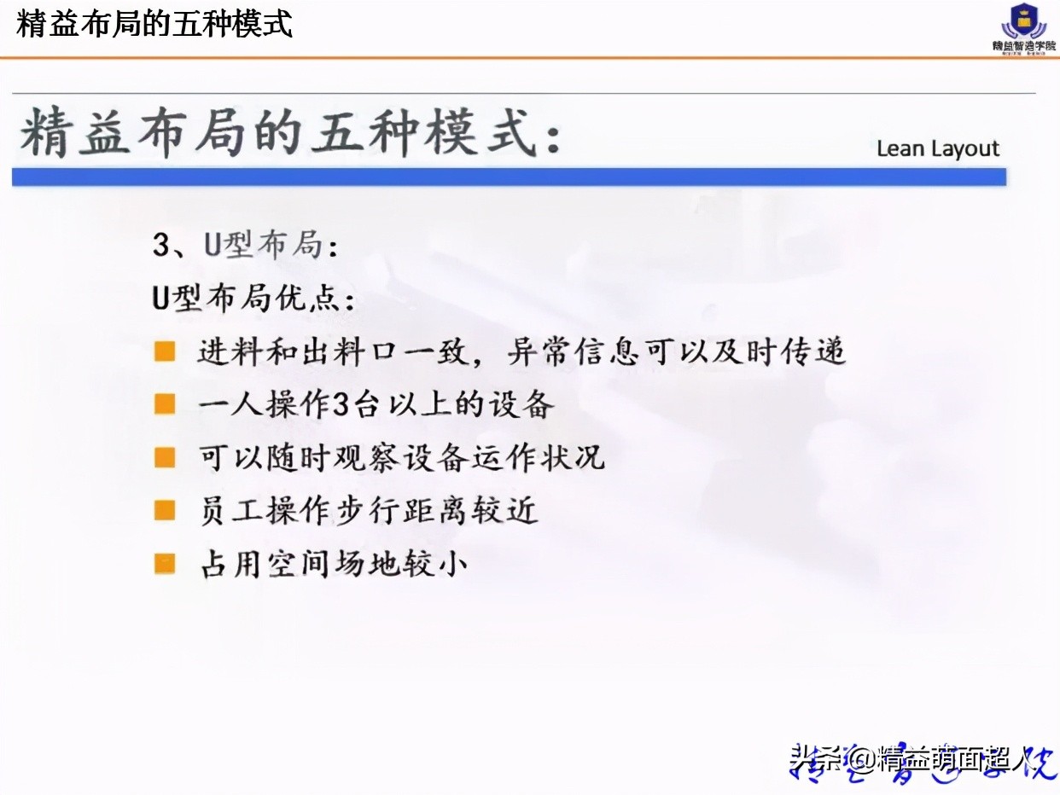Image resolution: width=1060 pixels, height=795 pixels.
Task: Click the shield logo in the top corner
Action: click(1023, 20)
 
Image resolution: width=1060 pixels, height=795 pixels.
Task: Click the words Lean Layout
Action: click(937, 148)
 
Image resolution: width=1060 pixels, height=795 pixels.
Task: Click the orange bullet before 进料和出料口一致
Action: click(165, 351)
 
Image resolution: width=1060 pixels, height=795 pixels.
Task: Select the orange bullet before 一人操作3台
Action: click(165, 404)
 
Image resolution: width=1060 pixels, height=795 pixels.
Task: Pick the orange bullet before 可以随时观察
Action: click(165, 457)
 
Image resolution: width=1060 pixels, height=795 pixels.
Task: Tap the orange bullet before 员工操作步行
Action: click(165, 510)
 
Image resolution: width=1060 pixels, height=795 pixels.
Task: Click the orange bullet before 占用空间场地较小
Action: click(165, 563)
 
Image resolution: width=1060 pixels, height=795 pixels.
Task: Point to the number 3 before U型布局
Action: click(162, 247)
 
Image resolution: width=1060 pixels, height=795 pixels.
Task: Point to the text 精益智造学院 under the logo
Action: click(1023, 46)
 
